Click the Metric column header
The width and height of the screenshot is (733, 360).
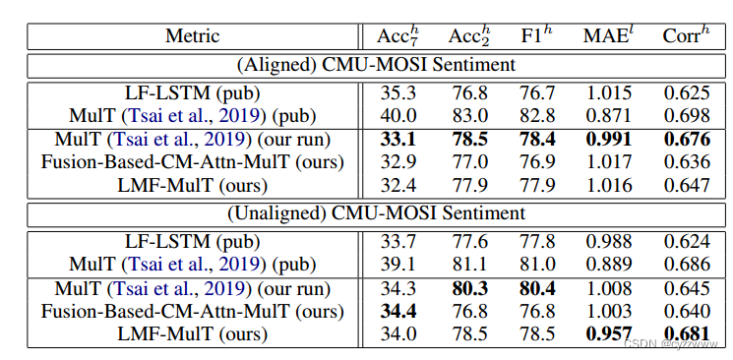tap(194, 37)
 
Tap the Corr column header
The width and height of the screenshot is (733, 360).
tap(686, 37)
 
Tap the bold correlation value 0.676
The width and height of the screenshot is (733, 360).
tap(685, 139)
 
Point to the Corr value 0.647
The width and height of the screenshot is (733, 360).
tap(685, 184)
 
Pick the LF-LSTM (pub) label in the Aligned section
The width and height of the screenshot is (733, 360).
tap(194, 93)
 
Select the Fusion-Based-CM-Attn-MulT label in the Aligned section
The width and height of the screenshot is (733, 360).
tap(194, 161)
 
